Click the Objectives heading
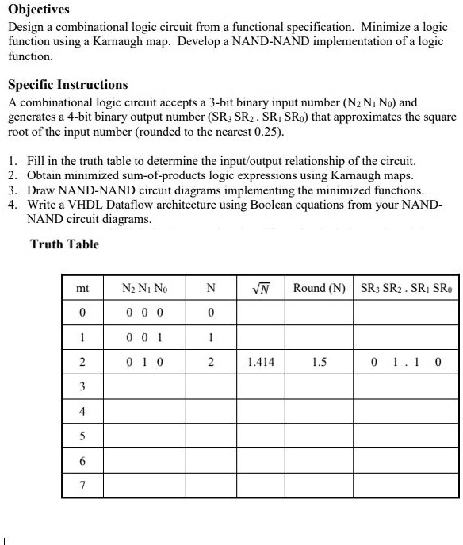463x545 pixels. [39, 10]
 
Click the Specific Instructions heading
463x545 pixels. [67, 85]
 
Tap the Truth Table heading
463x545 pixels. [64, 244]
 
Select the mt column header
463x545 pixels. [82, 289]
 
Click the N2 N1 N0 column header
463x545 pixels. [144, 289]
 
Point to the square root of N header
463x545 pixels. [260, 288]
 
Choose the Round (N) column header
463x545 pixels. [319, 289]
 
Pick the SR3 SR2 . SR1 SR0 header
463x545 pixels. [406, 289]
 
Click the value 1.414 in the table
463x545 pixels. [260, 362]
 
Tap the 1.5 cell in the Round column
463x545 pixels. [320, 362]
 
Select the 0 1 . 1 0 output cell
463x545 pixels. [405, 362]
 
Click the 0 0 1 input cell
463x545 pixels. [144, 337]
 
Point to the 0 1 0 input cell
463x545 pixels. [144, 362]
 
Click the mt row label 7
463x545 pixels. [82, 484]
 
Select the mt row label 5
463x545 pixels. [82, 436]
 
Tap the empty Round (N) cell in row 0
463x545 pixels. [319, 313]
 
